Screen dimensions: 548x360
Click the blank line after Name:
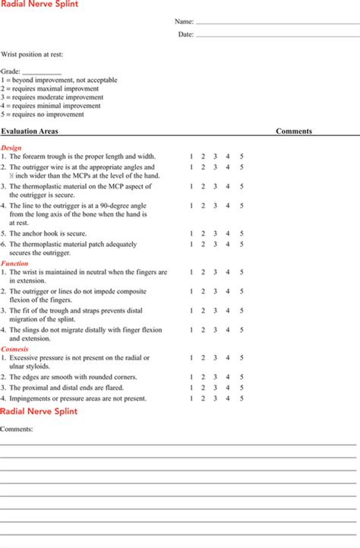276,24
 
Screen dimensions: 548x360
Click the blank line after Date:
276,36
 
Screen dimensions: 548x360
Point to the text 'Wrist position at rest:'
32,55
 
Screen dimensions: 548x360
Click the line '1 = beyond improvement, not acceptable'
58,80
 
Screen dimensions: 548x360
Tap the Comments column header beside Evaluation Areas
293,131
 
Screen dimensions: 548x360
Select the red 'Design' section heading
11,147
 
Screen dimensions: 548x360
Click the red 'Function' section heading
14,263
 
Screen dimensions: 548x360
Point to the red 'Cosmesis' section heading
15,349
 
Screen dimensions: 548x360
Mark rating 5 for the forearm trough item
242,156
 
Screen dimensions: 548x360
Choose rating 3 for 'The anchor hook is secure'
216,233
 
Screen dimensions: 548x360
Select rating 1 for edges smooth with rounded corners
191,376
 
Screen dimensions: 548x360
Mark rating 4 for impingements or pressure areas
228,398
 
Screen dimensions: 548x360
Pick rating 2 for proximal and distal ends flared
204,387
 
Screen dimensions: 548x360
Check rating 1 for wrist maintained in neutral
191,271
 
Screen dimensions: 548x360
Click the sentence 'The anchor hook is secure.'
47,233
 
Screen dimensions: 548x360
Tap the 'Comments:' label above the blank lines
16,428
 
